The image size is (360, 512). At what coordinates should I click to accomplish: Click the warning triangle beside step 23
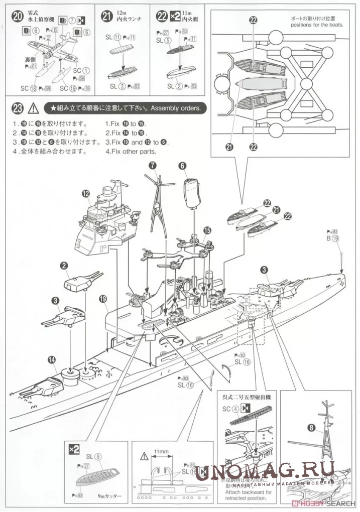33,108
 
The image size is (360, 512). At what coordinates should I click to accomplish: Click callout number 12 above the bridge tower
86,193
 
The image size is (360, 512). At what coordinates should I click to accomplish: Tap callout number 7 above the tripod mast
154,165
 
